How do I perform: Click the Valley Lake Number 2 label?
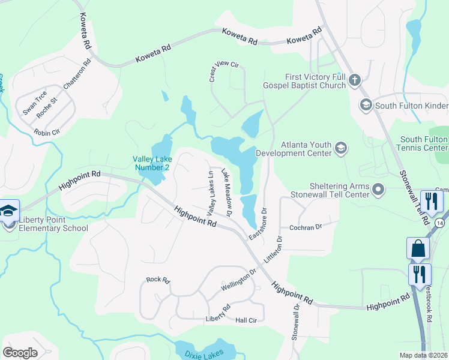click(152, 163)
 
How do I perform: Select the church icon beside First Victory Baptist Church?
click(354, 80)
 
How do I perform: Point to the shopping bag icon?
click(418, 248)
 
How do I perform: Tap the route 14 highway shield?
click(440, 223)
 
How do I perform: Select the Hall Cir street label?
click(246, 320)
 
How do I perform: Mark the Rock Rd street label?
click(158, 280)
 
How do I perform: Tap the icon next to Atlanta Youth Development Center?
click(341, 148)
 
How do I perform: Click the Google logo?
click(20, 353)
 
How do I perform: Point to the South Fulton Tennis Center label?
click(423, 143)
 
